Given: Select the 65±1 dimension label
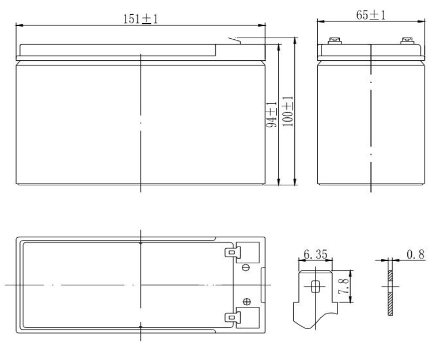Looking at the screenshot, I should (371, 15).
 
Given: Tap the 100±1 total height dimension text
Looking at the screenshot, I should (287, 113).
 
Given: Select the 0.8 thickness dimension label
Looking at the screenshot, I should (414, 255).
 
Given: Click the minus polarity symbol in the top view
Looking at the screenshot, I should (247, 268).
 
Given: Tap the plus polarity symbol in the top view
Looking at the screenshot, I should (247, 302).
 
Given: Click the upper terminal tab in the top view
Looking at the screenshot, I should (231, 252).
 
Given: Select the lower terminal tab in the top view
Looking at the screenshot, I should (231, 317).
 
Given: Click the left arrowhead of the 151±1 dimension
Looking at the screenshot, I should (18, 25).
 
